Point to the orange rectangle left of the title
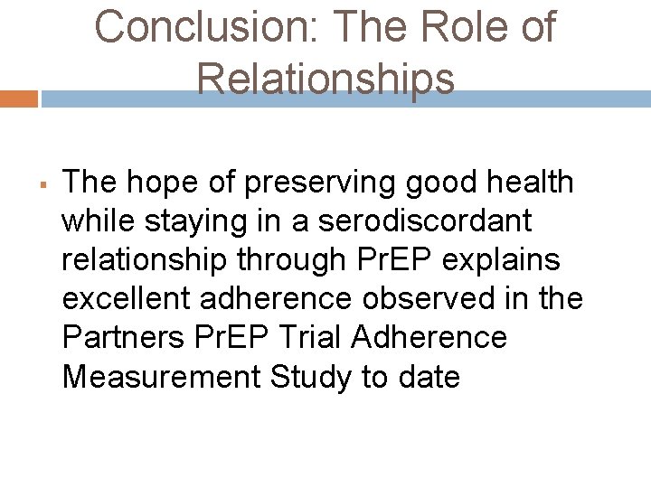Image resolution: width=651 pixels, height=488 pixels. pyautogui.click(x=18, y=99)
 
